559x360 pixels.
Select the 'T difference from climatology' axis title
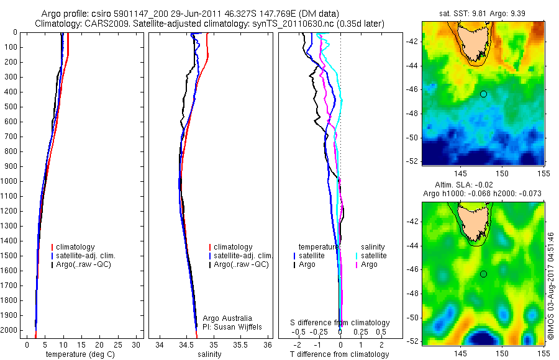pyautogui.click(x=340, y=354)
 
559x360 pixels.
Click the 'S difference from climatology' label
pyautogui.click(x=340, y=323)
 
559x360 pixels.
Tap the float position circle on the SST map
pyautogui.click(x=483, y=94)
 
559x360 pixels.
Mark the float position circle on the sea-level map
pyautogui.click(x=483, y=274)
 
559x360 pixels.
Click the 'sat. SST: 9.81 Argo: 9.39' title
pyautogui.click(x=483, y=12)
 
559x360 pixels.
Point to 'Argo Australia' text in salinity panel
pyautogui.click(x=228, y=318)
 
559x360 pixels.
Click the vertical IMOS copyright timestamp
pyautogui.click(x=551, y=286)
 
